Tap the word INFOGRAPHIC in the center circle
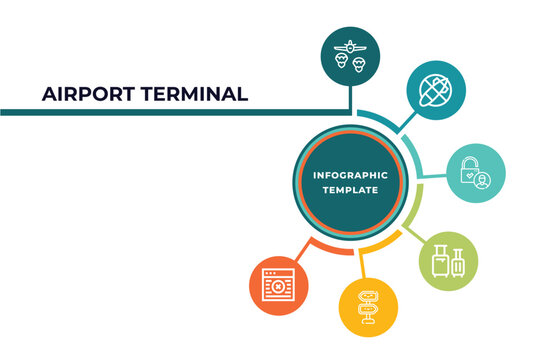350,175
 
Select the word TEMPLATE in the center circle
350,190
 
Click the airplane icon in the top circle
350,45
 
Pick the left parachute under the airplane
342,60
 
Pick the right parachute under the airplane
359,60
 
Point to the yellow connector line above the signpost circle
363,260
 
